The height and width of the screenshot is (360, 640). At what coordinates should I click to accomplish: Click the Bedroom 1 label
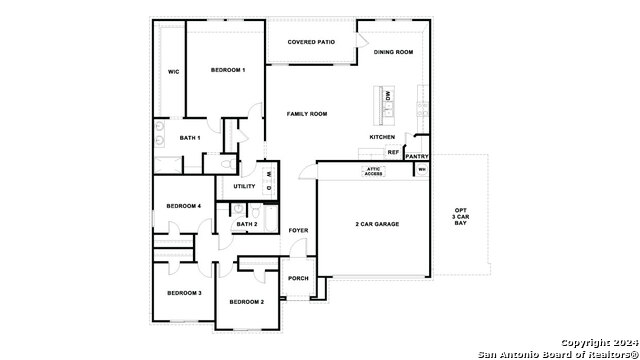[x=228, y=70]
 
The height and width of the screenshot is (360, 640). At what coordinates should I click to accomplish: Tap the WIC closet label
[x=173, y=72]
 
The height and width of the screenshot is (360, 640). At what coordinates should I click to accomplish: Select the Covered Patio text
[x=310, y=42]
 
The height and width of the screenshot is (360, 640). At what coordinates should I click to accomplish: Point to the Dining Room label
[x=393, y=52]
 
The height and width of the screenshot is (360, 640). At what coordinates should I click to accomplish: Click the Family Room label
[x=307, y=114]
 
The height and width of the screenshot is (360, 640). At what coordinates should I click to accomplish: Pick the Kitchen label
[x=382, y=137]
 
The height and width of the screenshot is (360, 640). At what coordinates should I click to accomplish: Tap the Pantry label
[x=417, y=156]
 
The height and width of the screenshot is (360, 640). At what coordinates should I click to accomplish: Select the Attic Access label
[x=373, y=172]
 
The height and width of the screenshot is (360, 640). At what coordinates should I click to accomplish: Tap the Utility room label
[x=244, y=186]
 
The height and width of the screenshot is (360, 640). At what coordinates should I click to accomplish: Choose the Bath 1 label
[x=190, y=138]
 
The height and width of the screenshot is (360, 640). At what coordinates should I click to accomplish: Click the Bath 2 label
[x=247, y=224]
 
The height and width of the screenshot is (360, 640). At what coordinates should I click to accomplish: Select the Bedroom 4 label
[x=184, y=206]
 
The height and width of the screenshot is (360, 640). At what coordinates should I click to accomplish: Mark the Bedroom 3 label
[x=184, y=293]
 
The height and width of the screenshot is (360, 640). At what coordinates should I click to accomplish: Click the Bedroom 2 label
[x=246, y=301]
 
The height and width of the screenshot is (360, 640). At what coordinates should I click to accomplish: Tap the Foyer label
[x=298, y=231]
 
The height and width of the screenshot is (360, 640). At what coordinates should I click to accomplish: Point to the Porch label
[x=298, y=278]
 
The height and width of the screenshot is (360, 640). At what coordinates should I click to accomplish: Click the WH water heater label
[x=422, y=169]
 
